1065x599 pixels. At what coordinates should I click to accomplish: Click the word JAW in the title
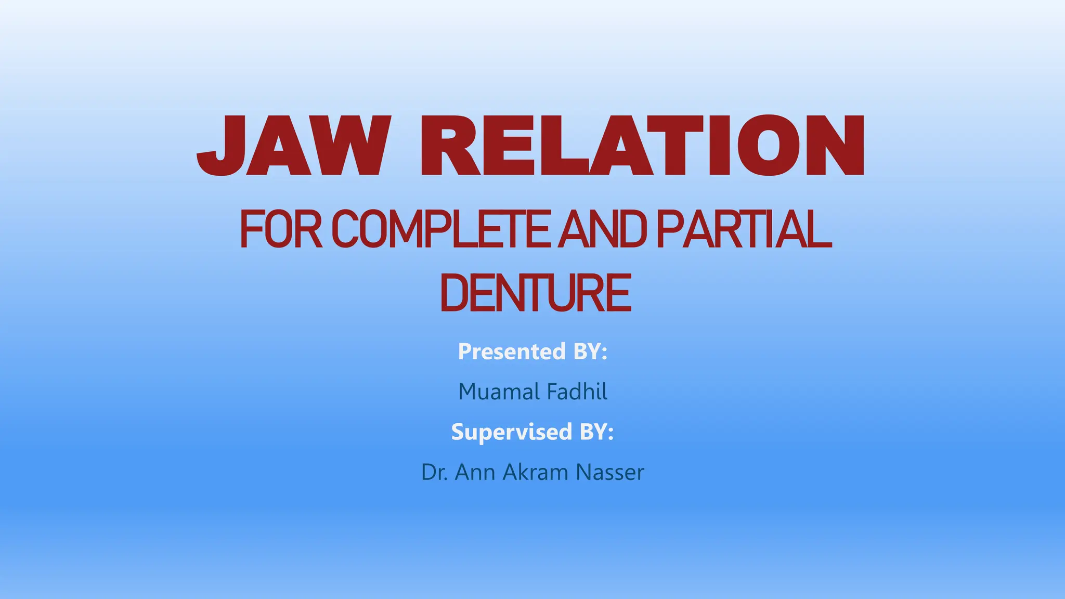(x=294, y=146)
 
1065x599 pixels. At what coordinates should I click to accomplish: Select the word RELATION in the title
(x=642, y=146)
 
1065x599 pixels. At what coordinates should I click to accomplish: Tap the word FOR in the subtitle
(x=281, y=229)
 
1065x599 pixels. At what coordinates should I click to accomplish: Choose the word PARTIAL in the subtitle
(x=744, y=229)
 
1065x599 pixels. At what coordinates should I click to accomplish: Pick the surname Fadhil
(x=577, y=392)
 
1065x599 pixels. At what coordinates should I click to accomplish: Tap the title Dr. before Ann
(x=434, y=473)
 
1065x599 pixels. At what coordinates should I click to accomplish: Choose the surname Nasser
(x=610, y=473)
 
